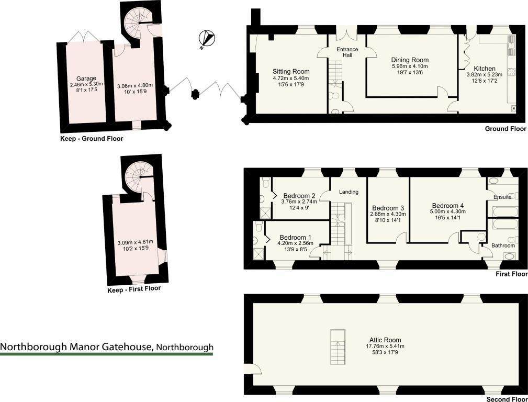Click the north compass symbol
coord(208,39)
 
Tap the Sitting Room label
coord(291,72)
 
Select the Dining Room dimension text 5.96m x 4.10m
coord(410,66)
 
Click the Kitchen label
coord(484,69)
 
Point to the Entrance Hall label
coord(347,52)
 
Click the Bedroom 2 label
coord(300,196)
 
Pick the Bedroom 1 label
coord(296,236)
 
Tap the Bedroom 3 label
coord(387,207)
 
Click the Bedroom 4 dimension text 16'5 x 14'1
coord(447,218)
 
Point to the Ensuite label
coord(502,197)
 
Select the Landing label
coord(349,192)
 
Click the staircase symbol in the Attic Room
coord(338,348)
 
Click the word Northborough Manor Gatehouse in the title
coord(76,347)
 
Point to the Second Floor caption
coord(506,399)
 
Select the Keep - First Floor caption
coord(133,288)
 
